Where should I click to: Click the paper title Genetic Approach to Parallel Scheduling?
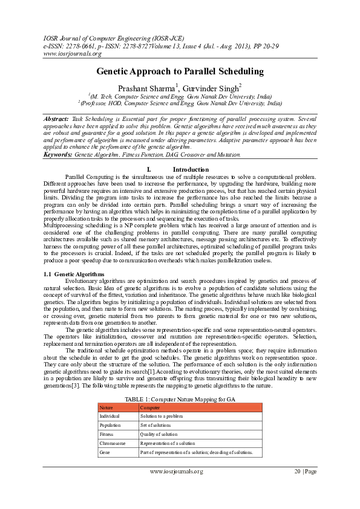(180, 71)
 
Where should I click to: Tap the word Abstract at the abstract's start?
(56, 120)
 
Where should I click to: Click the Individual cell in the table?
(110, 416)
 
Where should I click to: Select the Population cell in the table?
(111, 425)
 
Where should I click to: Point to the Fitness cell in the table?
(107, 434)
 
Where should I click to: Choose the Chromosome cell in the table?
(113, 443)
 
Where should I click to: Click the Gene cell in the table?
(105, 452)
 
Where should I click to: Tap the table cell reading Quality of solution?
(159, 434)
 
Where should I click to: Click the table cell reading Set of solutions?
(157, 425)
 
